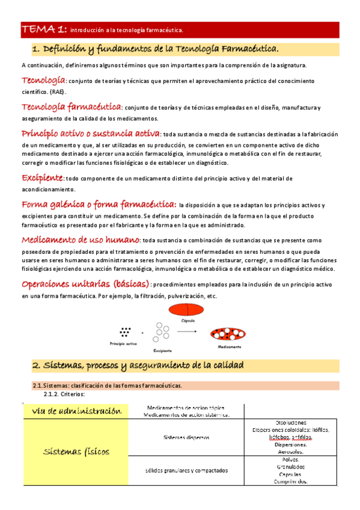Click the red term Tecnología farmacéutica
pyautogui.click(x=71, y=107)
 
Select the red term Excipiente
pyautogui.click(x=42, y=178)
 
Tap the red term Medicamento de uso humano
pyautogui.click(x=81, y=239)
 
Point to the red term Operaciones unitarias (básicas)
pyautogui.click(x=85, y=284)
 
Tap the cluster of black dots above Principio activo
pyautogui.click(x=125, y=331)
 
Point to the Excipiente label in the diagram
pyautogui.click(x=162, y=350)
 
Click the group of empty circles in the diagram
pyautogui.click(x=162, y=333)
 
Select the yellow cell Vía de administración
pyautogui.click(x=76, y=411)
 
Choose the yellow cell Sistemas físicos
pyautogui.click(x=76, y=452)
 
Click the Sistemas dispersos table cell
pyautogui.click(x=186, y=438)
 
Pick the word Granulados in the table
pyautogui.click(x=290, y=466)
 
